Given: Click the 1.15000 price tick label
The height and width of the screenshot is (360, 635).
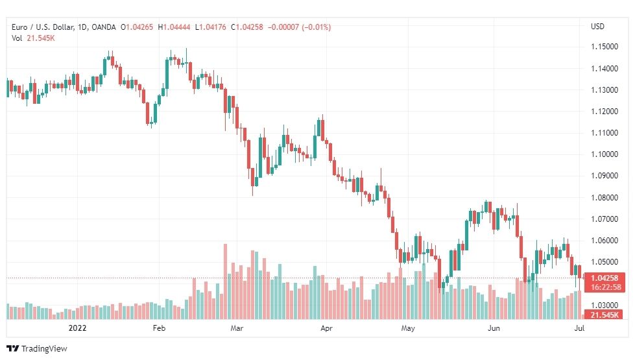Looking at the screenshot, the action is click(605, 47).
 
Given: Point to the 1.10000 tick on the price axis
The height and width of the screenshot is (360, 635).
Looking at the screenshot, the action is click(605, 154).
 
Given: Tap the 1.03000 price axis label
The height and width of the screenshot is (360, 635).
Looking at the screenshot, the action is click(605, 305).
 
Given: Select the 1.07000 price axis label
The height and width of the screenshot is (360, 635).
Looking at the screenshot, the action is click(605, 219).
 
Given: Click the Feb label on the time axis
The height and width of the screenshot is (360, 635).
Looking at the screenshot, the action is click(159, 328).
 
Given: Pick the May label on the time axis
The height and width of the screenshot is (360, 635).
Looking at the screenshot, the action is click(408, 328).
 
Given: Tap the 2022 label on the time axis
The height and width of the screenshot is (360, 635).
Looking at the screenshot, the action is click(77, 328).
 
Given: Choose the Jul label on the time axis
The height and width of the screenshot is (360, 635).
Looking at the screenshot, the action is click(579, 328).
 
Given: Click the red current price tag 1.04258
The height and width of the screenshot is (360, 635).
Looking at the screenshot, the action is click(605, 278).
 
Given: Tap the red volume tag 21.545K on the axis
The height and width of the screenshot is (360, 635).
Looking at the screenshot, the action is click(605, 315).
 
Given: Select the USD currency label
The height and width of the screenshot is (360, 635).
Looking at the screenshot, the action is click(597, 27).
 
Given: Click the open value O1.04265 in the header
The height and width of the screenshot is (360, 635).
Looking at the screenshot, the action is click(137, 27).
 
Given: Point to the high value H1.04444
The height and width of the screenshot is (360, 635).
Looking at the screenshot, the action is click(174, 27).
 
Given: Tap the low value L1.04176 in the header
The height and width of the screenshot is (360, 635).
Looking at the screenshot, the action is click(211, 27).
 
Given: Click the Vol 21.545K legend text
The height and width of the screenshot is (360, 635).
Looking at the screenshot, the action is click(33, 38).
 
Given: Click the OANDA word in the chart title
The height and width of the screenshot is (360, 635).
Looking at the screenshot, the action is click(104, 27).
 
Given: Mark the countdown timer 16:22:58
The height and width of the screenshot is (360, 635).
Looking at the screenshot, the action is click(605, 287).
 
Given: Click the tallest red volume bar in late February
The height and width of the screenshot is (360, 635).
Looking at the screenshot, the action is click(226, 282).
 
